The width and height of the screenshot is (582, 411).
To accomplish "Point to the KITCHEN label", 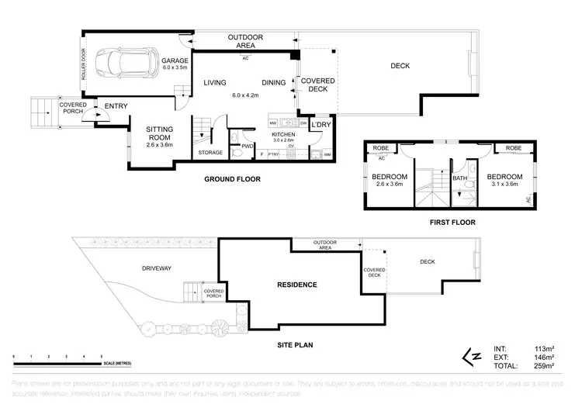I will (x=283, y=134).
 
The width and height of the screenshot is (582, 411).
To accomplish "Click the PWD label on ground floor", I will (x=248, y=146).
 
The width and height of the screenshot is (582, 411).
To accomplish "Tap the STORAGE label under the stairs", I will (x=210, y=153).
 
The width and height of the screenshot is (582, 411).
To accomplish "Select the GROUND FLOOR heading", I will (x=232, y=179).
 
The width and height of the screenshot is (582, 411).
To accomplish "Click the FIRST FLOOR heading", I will (x=453, y=222).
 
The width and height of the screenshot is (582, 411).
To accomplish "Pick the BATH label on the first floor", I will (x=459, y=178).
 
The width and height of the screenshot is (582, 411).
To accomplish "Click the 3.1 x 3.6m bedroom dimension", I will (x=504, y=184).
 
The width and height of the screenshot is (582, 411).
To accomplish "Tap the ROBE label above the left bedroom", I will (x=380, y=147).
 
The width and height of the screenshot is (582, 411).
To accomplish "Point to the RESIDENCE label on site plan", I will (x=297, y=285).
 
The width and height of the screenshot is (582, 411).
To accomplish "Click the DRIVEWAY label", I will (x=156, y=268).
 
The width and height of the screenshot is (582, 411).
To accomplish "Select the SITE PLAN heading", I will (x=297, y=345).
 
